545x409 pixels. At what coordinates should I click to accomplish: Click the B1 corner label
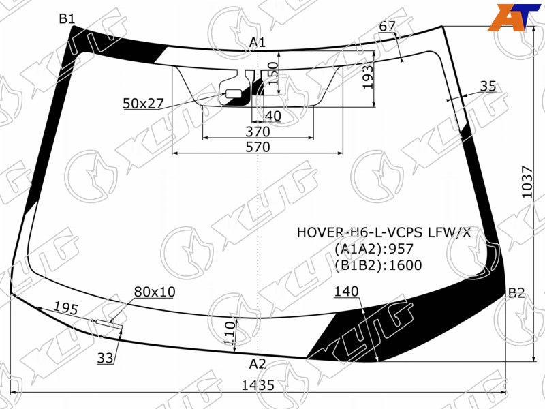click(x=67, y=18)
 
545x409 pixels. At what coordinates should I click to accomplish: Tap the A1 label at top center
click(x=258, y=42)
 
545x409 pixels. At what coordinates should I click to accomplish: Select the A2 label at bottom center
click(x=258, y=364)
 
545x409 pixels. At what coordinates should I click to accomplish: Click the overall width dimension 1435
click(x=258, y=385)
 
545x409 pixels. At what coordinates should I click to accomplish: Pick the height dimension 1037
click(x=527, y=182)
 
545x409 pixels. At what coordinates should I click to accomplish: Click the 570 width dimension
click(x=258, y=147)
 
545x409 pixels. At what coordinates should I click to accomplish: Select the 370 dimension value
click(x=258, y=132)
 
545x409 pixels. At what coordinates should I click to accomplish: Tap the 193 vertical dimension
click(x=367, y=76)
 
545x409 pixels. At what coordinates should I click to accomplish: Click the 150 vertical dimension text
click(x=273, y=74)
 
